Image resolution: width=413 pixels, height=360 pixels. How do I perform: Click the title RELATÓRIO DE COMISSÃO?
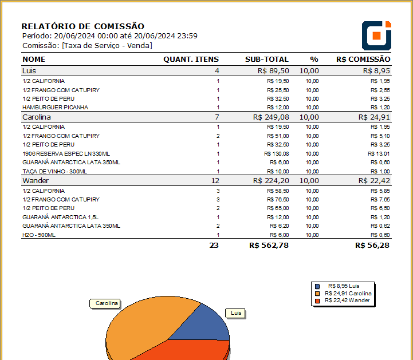pyautogui.click(x=82, y=26)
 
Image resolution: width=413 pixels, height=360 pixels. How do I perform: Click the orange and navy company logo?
pyautogui.click(x=376, y=35)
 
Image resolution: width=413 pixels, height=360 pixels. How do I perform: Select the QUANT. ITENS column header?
pyautogui.click(x=191, y=59)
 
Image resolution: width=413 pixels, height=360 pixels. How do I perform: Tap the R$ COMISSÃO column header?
pyautogui.click(x=363, y=59)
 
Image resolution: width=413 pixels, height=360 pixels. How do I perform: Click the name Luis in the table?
pyautogui.click(x=29, y=70)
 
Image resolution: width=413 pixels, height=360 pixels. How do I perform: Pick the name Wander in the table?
pyautogui.click(x=36, y=180)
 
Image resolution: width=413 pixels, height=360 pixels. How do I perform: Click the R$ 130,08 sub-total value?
pyautogui.click(x=277, y=153)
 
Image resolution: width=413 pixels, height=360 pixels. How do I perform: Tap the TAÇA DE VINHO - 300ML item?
pyautogui.click(x=54, y=171)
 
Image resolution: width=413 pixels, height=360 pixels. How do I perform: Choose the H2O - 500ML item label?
pyautogui.click(x=39, y=235)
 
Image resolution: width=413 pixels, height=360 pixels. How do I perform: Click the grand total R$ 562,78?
pyautogui.click(x=269, y=246)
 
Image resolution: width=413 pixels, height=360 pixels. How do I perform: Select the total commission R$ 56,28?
pyautogui.click(x=372, y=246)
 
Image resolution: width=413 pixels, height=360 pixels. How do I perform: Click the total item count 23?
pyautogui.click(x=214, y=246)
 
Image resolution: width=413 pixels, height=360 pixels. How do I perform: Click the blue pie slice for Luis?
pyautogui.click(x=203, y=326)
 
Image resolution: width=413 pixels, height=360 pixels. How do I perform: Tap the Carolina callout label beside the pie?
pyautogui.click(x=107, y=303)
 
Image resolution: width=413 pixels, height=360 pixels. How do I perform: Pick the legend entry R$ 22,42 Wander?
pyautogui.click(x=347, y=300)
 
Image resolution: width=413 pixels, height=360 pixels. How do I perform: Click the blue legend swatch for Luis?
pyautogui.click(x=317, y=286)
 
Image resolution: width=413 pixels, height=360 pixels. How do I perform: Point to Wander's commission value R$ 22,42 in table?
pyautogui.click(x=374, y=180)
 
